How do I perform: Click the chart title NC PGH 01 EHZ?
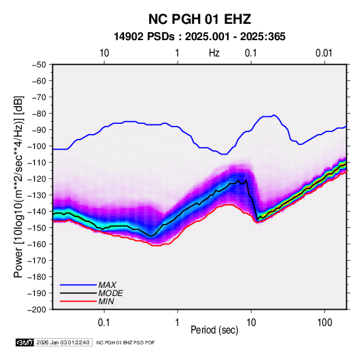point(199,19)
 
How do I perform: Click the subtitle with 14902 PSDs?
point(199,37)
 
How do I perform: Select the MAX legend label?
point(107,285)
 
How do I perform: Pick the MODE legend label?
point(110,293)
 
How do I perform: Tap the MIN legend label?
point(106,301)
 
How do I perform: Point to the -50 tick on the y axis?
point(39,65)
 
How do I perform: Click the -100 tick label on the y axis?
point(37,146)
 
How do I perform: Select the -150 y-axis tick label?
point(37,228)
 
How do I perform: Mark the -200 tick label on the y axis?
point(37,310)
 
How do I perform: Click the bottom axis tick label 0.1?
point(104,323)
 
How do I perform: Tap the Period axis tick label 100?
point(325,323)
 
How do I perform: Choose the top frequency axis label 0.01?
point(324,53)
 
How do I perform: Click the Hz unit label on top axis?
point(214,53)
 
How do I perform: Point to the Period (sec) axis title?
point(214,330)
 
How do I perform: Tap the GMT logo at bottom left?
point(25,342)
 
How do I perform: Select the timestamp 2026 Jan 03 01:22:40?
point(63,342)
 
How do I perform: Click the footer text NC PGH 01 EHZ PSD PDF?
point(125,342)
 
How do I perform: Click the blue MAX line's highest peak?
point(274,115)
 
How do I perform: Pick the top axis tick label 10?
point(104,53)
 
